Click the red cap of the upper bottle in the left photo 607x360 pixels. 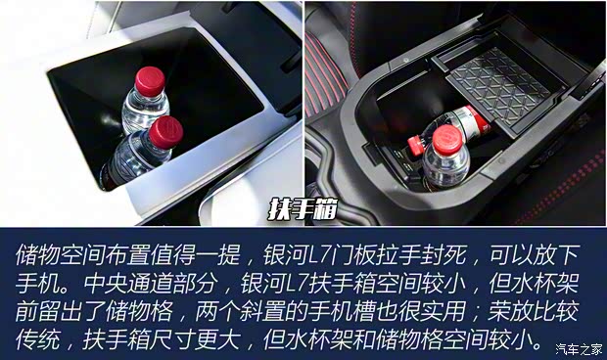[150, 80]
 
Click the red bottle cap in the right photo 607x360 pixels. [447, 141]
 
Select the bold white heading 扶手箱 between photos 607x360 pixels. [303, 209]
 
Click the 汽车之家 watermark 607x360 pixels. [578, 348]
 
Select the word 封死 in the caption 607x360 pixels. [459, 255]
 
